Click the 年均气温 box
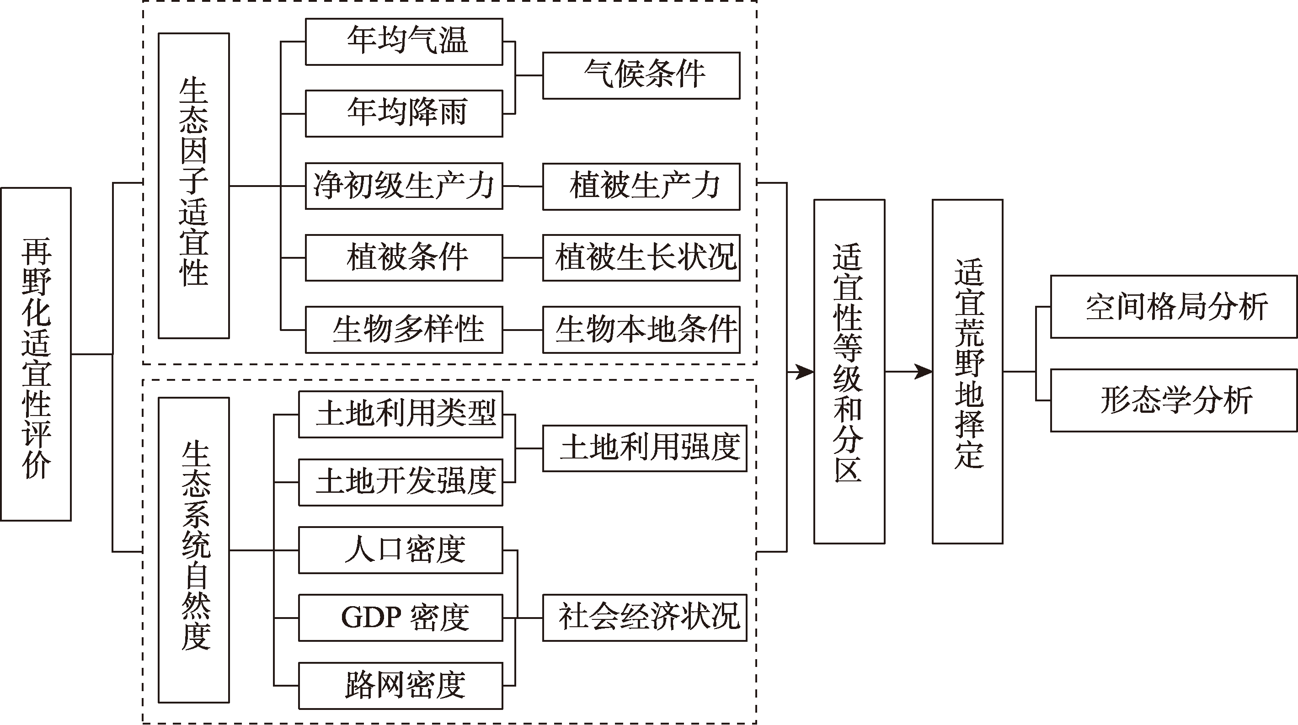(404, 42)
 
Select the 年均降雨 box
(404, 113)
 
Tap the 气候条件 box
(641, 75)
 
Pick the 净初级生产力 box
(404, 186)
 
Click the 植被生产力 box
(641, 187)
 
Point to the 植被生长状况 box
(641, 257)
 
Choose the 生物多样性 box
(404, 330)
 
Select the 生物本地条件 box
(641, 330)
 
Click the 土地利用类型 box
(401, 414)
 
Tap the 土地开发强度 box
(401, 482)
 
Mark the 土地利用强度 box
(645, 448)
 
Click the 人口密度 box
(401, 550)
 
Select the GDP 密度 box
(401, 618)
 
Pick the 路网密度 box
(401, 686)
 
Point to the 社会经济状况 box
(645, 618)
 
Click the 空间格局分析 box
(1174, 306)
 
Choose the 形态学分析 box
(1174, 400)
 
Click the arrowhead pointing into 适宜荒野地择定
(924, 372)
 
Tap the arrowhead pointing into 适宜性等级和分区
(806, 372)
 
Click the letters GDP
(371, 617)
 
